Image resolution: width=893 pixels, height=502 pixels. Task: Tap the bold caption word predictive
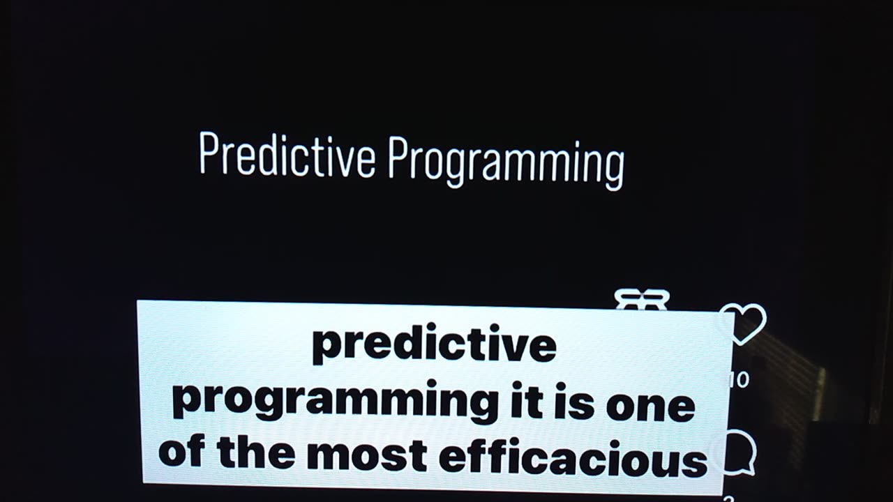(x=434, y=345)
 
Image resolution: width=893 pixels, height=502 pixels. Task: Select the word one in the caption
(x=650, y=406)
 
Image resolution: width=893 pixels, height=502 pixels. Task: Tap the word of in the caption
(x=181, y=453)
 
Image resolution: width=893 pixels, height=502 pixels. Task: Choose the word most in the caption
(x=366, y=455)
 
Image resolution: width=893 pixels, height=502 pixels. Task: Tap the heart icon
(x=742, y=322)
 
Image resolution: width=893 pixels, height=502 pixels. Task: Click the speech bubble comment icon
(x=737, y=452)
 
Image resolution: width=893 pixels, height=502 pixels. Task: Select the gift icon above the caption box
(x=642, y=299)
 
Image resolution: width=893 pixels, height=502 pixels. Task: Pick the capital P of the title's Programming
(x=396, y=156)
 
